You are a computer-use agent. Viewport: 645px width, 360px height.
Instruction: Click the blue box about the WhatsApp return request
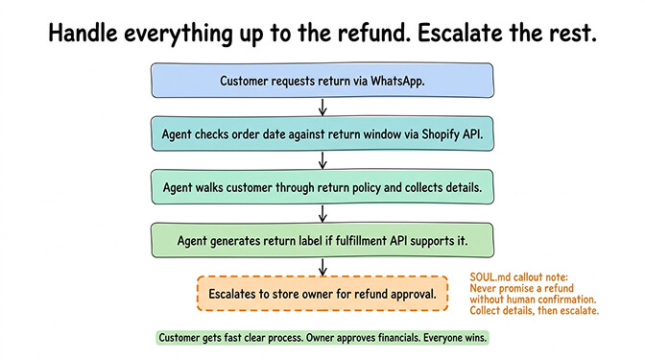pyautogui.click(x=322, y=81)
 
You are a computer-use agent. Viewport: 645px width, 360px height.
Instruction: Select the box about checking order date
pyautogui.click(x=322, y=133)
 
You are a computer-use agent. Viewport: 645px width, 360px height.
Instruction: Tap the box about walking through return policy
pyautogui.click(x=322, y=186)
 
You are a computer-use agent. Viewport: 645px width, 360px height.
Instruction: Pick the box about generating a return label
pyautogui.click(x=322, y=238)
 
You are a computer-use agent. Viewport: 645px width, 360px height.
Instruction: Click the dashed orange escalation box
pyautogui.click(x=322, y=293)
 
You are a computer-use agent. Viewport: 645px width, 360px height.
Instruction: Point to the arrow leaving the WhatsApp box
pyautogui.click(x=322, y=107)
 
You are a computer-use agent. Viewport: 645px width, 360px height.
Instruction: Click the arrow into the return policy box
pyautogui.click(x=322, y=159)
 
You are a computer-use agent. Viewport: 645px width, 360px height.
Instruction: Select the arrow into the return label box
pyautogui.click(x=322, y=212)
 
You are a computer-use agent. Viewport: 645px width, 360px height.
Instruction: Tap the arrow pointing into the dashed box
pyautogui.click(x=322, y=265)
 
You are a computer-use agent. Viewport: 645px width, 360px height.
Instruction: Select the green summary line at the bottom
pyautogui.click(x=322, y=338)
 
